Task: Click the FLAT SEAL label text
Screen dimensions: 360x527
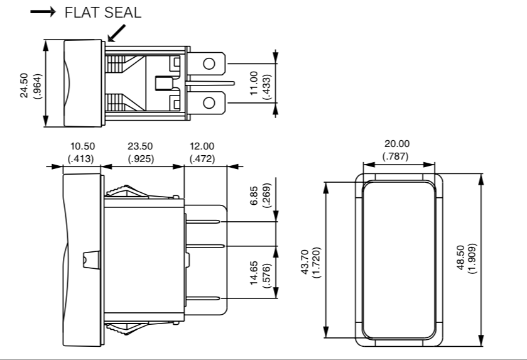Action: coord(103,13)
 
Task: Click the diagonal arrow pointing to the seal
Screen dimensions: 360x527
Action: coord(116,33)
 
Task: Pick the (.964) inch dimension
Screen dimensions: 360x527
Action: coord(36,84)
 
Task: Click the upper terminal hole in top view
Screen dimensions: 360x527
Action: coord(209,63)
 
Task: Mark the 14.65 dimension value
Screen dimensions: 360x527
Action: coord(253,274)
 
